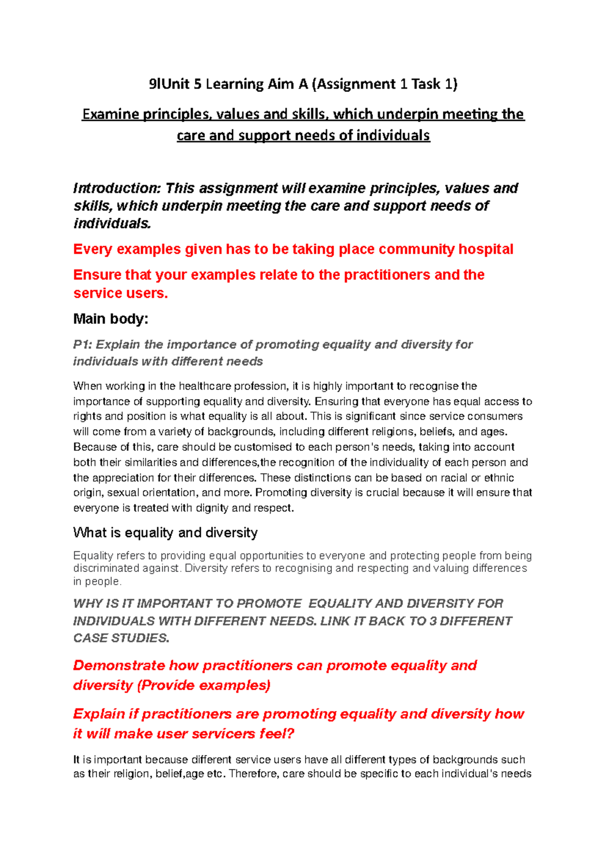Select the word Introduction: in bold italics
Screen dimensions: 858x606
coord(117,188)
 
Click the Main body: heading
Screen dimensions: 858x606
coord(111,319)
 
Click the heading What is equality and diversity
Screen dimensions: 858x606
coord(165,533)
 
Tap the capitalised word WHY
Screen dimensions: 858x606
coord(87,604)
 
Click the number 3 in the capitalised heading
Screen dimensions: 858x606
coord(433,621)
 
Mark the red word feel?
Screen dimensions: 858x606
coord(277,734)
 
